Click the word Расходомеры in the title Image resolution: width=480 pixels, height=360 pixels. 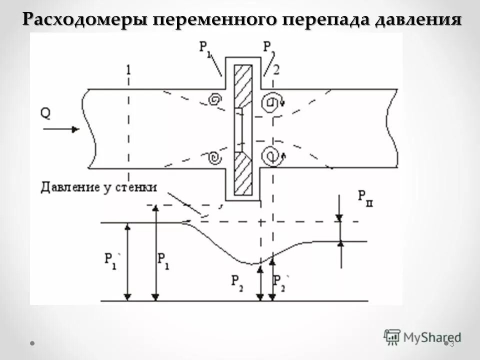[x=85, y=19]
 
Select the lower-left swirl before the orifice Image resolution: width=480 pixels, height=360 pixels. [x=213, y=158]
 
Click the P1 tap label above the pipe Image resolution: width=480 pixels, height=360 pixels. [x=205, y=48]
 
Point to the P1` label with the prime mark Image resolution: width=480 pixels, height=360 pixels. [x=110, y=260]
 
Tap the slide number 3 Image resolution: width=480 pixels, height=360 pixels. [x=452, y=343]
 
